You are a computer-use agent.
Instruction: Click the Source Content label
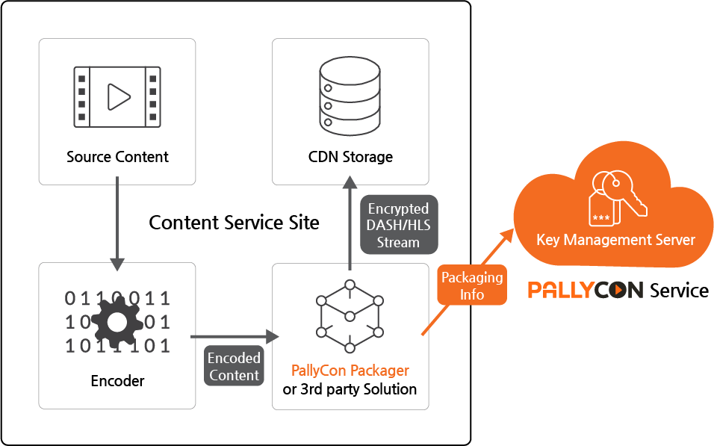click(x=117, y=157)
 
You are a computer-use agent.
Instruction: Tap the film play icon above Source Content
click(x=117, y=95)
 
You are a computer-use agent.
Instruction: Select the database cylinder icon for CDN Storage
click(x=350, y=95)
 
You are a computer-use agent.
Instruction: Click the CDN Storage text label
click(x=350, y=157)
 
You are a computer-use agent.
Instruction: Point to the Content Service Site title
click(x=234, y=223)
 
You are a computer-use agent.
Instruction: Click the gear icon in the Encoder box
click(x=117, y=323)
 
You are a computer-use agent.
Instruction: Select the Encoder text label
click(x=117, y=380)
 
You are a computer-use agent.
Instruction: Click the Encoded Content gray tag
click(x=234, y=366)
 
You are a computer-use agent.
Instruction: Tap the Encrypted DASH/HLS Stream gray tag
click(x=399, y=225)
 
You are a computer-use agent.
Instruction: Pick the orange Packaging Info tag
click(x=472, y=285)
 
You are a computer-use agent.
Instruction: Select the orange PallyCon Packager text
click(x=350, y=371)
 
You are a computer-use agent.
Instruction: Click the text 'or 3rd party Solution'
click(x=350, y=389)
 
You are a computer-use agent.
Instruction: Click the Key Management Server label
click(x=615, y=240)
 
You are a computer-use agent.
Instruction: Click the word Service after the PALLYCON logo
click(x=679, y=290)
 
